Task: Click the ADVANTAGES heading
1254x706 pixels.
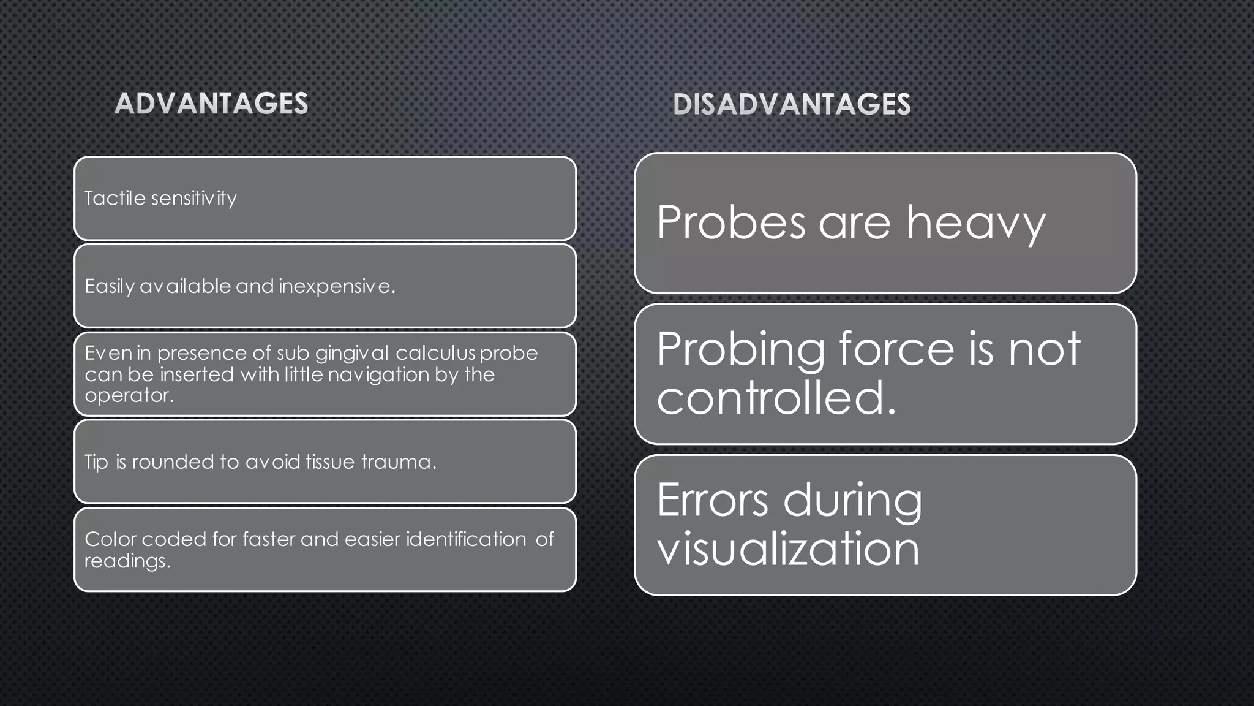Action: click(x=211, y=104)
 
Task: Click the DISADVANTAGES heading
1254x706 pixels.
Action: click(x=792, y=104)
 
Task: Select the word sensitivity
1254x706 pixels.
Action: click(x=194, y=199)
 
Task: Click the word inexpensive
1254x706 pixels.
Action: click(x=337, y=286)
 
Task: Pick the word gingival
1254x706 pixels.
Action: click(x=352, y=354)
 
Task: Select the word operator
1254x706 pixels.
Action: click(x=129, y=395)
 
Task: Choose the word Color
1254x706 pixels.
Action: click(x=110, y=539)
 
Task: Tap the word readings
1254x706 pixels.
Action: click(x=127, y=561)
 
